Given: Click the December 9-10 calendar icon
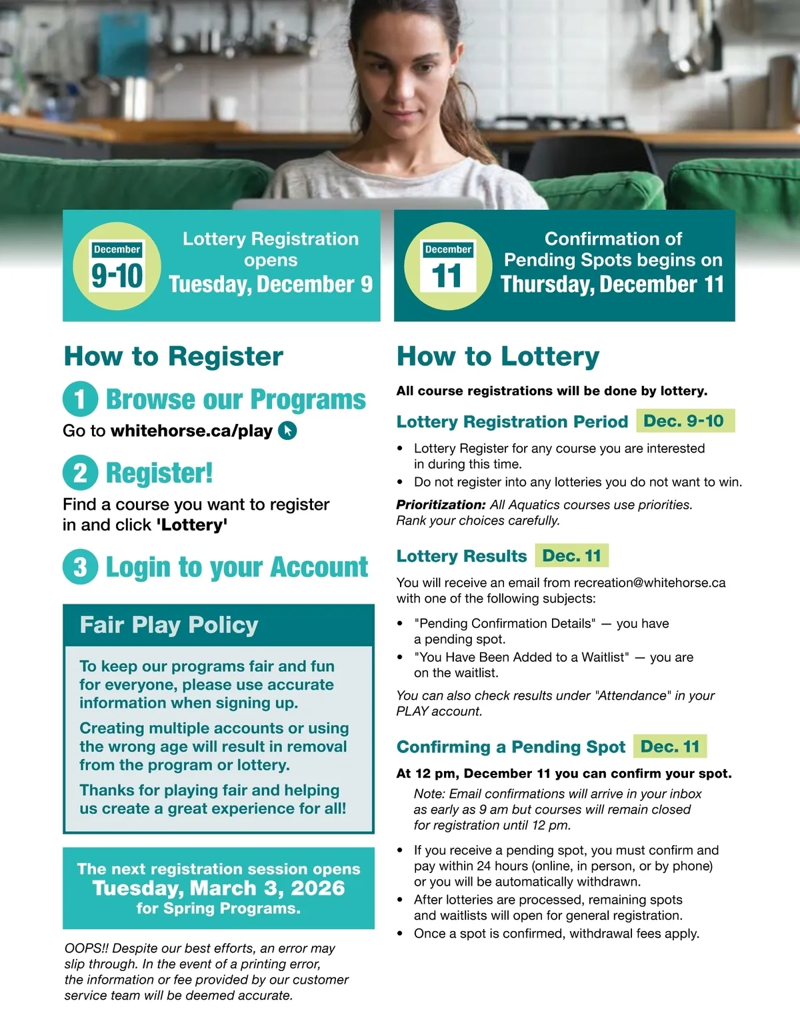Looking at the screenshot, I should coord(117,267).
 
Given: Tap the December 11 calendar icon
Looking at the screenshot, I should coord(447,267).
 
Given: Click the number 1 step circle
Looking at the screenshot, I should coord(81,399).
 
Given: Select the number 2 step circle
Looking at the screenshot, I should coord(81,473).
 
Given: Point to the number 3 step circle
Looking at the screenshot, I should coord(81,566).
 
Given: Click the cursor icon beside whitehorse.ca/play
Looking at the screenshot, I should coord(287,431).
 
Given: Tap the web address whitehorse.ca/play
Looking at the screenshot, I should coord(192,431).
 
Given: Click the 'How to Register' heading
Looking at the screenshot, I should coord(173,357).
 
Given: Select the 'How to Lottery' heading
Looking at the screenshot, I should coord(498,357).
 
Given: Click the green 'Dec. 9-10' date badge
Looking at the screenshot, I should coord(685,421).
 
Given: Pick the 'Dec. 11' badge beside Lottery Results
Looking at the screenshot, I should coord(572,556).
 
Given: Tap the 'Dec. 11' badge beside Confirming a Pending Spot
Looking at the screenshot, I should coord(670,746).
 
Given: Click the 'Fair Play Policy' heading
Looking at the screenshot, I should coord(169,625).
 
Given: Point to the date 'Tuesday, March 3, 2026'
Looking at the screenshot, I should coord(219,888).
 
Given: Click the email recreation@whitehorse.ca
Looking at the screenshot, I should coord(649,582).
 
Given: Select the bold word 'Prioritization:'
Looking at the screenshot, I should coord(441,505).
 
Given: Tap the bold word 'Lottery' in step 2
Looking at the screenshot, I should coord(192,525).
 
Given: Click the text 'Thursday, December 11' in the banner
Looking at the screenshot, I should coord(612,285).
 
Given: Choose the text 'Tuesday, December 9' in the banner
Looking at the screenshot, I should coord(271,285).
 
